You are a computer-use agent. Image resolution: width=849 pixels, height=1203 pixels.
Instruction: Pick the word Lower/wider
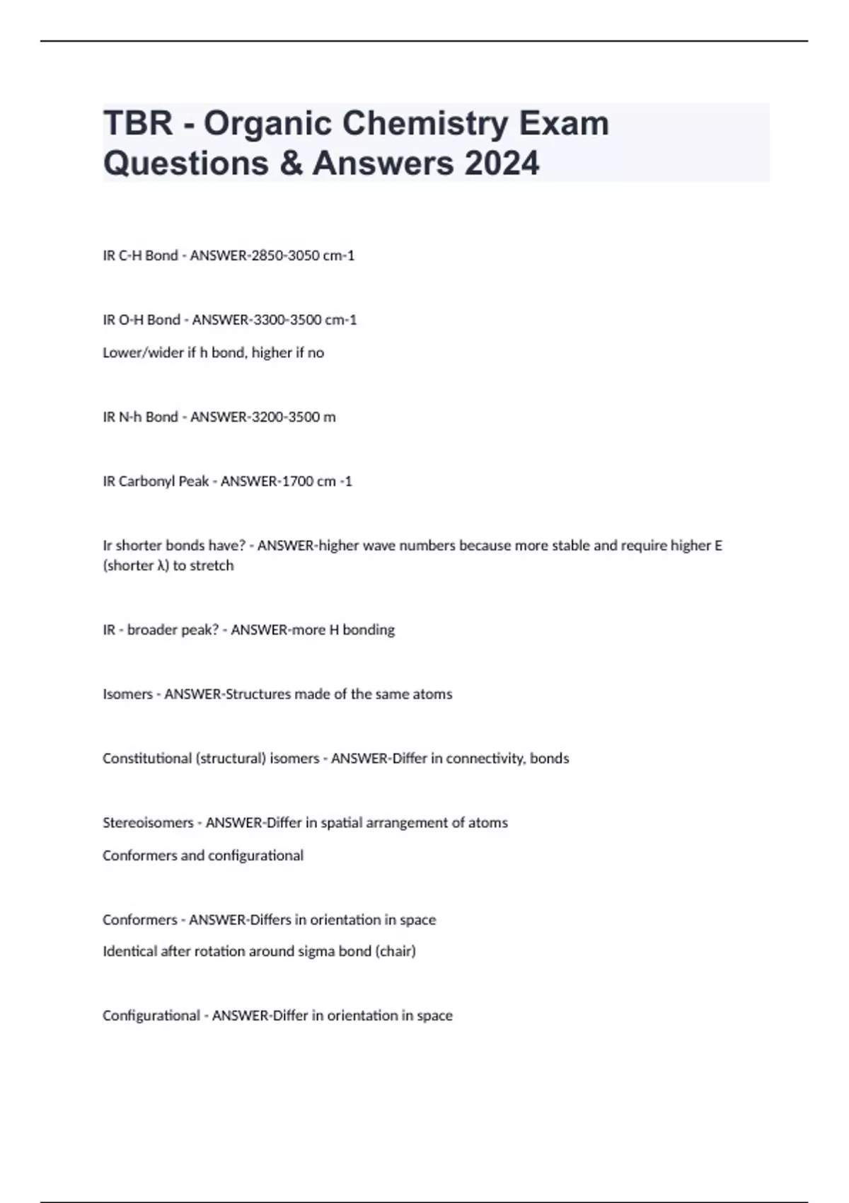pos(143,352)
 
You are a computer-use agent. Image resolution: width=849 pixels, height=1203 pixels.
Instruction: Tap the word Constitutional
pos(146,759)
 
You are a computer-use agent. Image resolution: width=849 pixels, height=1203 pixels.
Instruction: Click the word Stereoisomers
pos(148,823)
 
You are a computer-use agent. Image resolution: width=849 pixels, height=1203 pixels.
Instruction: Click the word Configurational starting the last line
pos(151,1015)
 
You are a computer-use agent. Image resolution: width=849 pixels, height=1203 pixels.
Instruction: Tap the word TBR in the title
pos(138,124)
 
